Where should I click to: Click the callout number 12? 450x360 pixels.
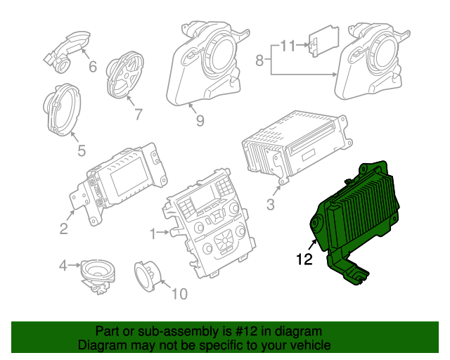pos(304,259)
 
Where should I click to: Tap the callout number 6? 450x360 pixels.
pos(92,67)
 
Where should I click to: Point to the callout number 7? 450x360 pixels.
pos(138,113)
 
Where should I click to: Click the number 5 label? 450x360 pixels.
pos(81,150)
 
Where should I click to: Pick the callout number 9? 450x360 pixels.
pos(200,121)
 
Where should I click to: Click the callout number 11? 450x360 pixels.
pos(288,46)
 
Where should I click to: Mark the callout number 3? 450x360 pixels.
pos(270,205)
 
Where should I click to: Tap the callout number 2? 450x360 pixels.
pos(63,228)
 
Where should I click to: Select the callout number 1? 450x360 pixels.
pos(153,232)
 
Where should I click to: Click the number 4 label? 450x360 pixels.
pos(63,266)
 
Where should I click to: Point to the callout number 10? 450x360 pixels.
pos(179,293)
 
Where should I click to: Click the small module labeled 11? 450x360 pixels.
pos(325,41)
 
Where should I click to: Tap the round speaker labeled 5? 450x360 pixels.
pos(65,111)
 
